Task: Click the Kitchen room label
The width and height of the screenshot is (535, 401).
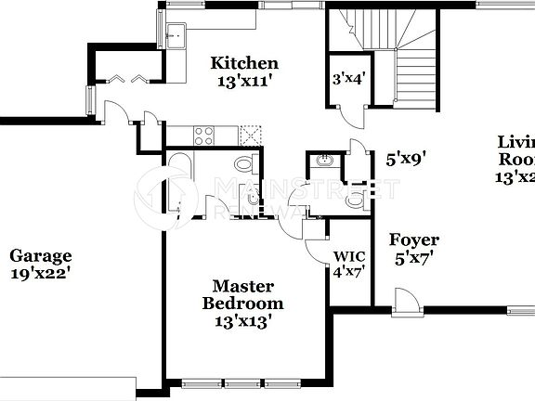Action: (x=244, y=63)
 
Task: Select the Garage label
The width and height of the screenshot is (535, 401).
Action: (x=40, y=256)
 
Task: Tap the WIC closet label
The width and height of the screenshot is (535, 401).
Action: (x=348, y=256)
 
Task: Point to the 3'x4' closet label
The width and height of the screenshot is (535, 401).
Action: (x=348, y=78)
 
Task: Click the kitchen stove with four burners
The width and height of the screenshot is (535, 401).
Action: (x=203, y=136)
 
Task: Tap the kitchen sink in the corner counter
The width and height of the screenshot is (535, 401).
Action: (x=176, y=36)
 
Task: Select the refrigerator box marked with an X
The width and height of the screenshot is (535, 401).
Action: (x=249, y=136)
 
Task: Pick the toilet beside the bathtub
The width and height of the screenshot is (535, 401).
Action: (x=243, y=165)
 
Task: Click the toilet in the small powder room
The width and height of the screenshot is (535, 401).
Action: (x=354, y=198)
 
